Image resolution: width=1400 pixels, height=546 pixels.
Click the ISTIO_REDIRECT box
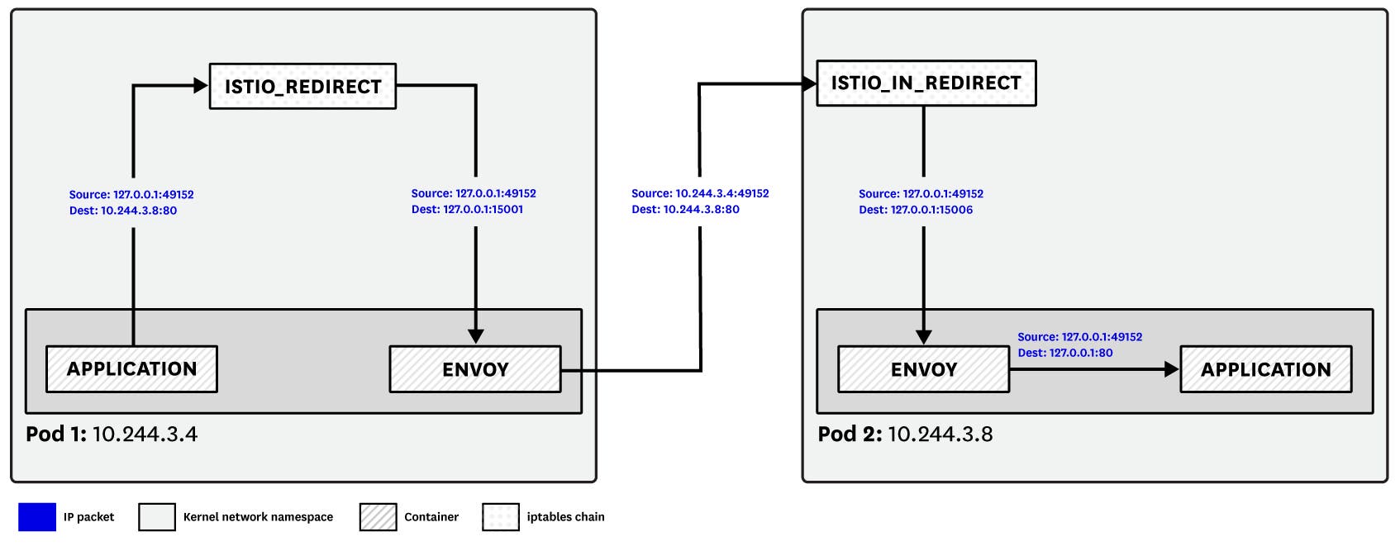click(302, 86)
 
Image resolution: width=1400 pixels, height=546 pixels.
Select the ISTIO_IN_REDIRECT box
click(926, 83)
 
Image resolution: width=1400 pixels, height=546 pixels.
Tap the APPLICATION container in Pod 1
click(131, 369)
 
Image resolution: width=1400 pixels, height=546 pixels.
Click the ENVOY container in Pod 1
click(474, 369)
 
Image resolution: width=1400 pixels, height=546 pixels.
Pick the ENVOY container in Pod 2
click(923, 369)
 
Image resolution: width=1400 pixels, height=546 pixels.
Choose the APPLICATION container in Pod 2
click(1265, 369)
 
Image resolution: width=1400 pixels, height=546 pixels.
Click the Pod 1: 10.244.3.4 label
click(112, 434)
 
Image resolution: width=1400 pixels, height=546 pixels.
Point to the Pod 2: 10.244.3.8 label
click(905, 434)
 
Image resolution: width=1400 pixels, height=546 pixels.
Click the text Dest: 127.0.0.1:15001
click(467, 210)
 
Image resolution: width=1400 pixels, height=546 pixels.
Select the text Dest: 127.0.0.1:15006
click(916, 210)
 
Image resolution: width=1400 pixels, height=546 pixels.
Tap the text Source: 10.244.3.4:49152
click(700, 193)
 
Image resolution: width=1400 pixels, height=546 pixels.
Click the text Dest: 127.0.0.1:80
click(1064, 353)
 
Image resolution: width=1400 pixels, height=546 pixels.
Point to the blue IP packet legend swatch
click(36, 517)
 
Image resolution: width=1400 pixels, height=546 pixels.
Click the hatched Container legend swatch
click(378, 517)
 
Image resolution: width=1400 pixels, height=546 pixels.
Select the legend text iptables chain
click(565, 517)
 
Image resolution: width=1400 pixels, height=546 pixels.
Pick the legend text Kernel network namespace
click(258, 517)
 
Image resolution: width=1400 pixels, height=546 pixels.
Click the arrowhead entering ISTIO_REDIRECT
click(200, 85)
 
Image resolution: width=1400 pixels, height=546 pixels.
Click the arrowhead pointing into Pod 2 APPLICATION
click(1171, 369)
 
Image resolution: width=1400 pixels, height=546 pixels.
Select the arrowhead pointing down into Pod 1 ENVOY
click(475, 336)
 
